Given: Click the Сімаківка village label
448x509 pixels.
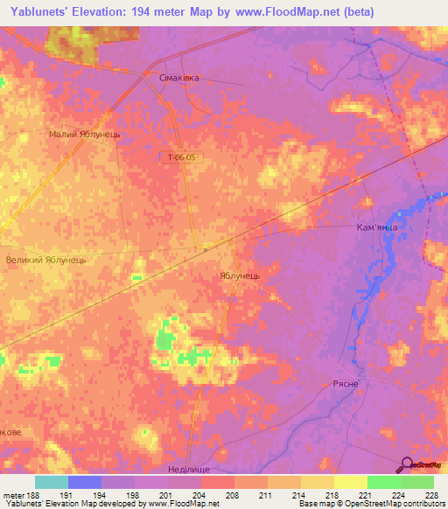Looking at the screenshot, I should (x=178, y=78).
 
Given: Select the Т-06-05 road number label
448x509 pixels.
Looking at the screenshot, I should (x=182, y=158).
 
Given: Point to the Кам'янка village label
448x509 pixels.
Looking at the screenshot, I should (x=377, y=227).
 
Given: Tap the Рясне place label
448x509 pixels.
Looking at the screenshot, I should (x=347, y=384).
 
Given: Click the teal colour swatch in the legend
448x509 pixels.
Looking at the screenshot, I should (x=52, y=482).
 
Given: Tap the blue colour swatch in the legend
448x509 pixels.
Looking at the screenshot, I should (x=85, y=482).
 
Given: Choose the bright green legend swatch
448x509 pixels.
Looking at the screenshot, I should (x=383, y=482).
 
